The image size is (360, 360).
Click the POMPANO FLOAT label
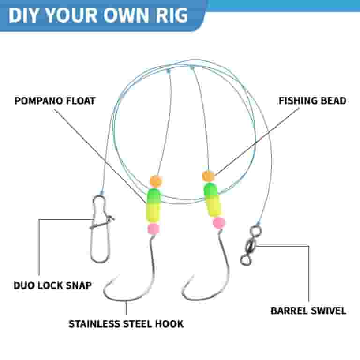click(x=55, y=101)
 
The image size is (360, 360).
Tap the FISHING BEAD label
click(x=313, y=101)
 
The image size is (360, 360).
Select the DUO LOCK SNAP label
click(x=52, y=285)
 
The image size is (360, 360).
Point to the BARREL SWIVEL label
click(x=308, y=311)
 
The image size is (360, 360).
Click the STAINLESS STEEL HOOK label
click(x=126, y=324)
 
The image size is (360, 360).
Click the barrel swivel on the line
click(x=250, y=246)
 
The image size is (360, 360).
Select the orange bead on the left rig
click(x=156, y=181)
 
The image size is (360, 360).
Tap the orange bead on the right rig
click(x=208, y=176)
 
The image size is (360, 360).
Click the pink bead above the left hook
click(x=153, y=229)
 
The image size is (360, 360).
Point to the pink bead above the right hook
click(x=219, y=223)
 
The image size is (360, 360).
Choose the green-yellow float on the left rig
click(x=153, y=205)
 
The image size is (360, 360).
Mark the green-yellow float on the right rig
click(x=213, y=200)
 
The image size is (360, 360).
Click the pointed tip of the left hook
click(x=120, y=274)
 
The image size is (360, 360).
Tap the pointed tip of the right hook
click(x=194, y=274)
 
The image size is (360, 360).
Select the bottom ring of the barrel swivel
click(x=246, y=261)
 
